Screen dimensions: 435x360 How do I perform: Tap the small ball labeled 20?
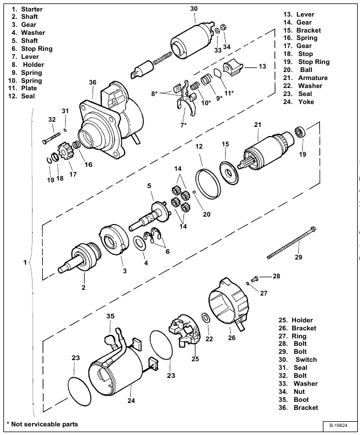click(x=195, y=192)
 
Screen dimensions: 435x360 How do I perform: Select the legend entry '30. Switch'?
click(x=306, y=360)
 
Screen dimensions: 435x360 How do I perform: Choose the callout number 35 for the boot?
click(x=110, y=316)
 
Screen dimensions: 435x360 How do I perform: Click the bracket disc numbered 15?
click(x=228, y=173)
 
